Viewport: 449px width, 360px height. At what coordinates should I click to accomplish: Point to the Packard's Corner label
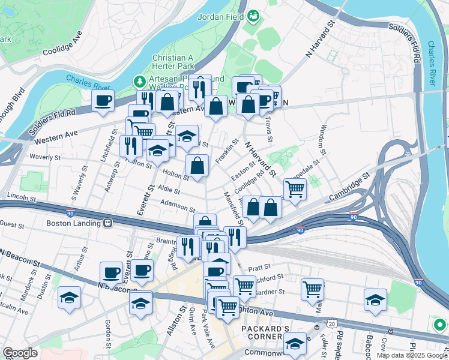tap(266, 329)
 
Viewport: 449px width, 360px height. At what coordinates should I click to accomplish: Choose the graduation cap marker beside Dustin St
tap(70, 298)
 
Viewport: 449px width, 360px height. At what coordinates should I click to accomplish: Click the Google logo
tap(20, 353)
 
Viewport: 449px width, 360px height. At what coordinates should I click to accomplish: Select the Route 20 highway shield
tap(331, 323)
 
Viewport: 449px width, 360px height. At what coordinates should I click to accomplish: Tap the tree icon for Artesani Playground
tap(139, 80)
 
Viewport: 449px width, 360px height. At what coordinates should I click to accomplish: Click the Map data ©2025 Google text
tap(412, 355)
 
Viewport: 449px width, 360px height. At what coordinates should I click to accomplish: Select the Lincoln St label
tap(22, 197)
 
